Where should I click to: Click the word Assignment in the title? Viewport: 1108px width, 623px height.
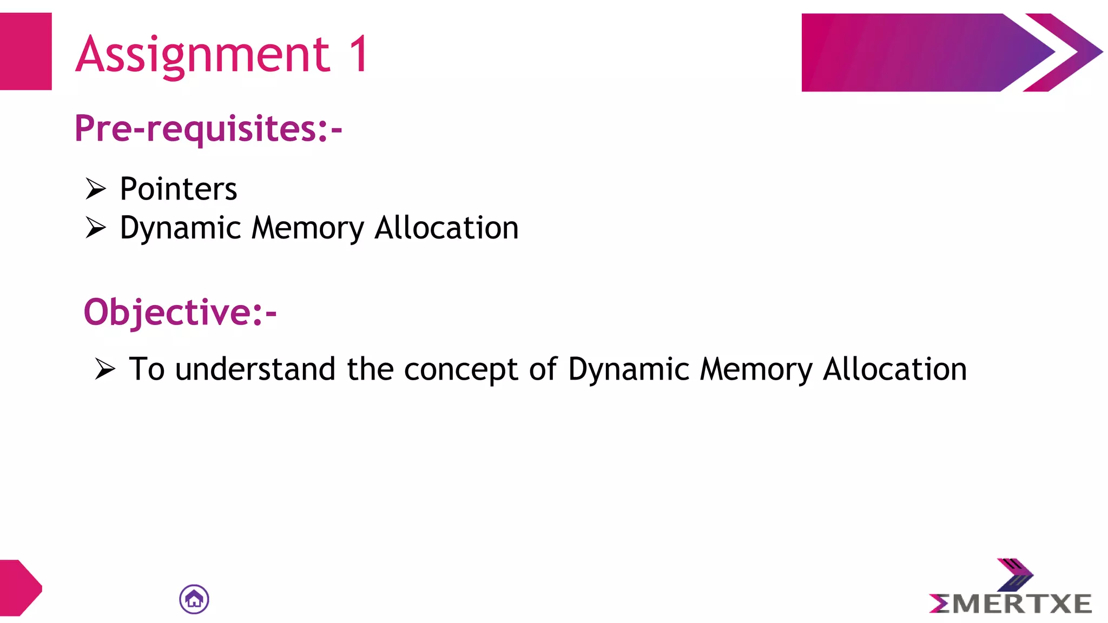[x=203, y=55]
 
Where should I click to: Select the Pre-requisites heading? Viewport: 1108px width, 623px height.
[x=208, y=129]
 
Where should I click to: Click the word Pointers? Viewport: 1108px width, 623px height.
[x=179, y=189]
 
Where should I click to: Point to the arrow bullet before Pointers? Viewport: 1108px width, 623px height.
[x=96, y=189]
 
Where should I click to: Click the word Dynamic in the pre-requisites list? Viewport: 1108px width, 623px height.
[x=180, y=228]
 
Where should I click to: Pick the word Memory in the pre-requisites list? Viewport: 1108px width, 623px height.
[x=308, y=228]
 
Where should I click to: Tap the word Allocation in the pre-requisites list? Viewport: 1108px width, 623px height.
[x=446, y=228]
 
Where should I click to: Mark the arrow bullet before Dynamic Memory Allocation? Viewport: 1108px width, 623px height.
[x=96, y=228]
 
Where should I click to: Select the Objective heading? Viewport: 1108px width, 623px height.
[x=180, y=312]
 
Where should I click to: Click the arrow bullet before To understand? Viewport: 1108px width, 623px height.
[x=105, y=369]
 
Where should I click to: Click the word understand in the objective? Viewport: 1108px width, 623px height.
[x=255, y=369]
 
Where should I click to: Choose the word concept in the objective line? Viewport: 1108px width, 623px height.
[x=461, y=370]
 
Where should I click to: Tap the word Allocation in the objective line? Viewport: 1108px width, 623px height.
[x=895, y=369]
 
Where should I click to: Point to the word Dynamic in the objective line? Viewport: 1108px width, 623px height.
[x=628, y=370]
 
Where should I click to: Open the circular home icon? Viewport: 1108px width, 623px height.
[x=194, y=599]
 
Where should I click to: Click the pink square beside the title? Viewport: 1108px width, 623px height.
[x=25, y=51]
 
